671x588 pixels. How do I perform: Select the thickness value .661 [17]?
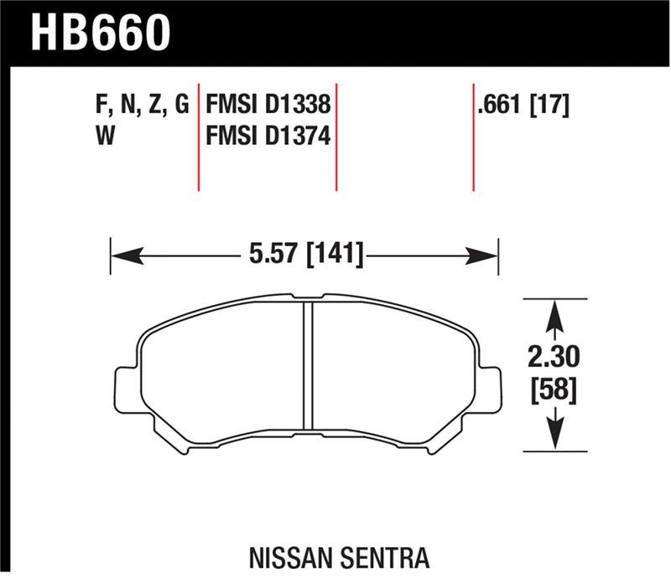click(523, 107)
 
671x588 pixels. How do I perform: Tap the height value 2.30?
click(553, 359)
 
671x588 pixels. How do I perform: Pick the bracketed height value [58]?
click(553, 390)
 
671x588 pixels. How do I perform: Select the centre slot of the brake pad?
click(307, 363)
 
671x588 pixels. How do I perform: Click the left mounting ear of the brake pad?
click(124, 389)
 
